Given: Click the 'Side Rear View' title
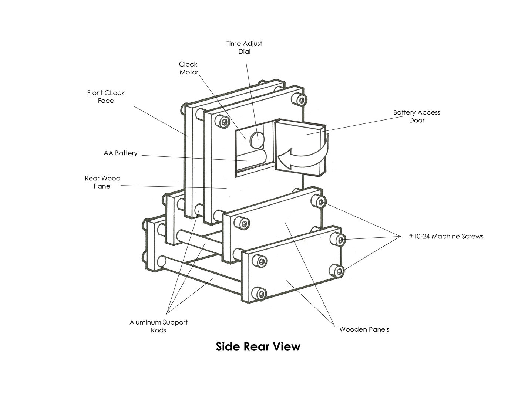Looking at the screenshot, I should pyautogui.click(x=258, y=347).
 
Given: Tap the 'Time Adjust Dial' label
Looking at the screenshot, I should pyautogui.click(x=244, y=47).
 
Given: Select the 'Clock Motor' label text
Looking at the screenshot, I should pyautogui.click(x=189, y=68).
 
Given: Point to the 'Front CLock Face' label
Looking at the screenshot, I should pyautogui.click(x=106, y=96).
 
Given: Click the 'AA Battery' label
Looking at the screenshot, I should pyautogui.click(x=121, y=153).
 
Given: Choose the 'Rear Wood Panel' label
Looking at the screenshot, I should pyautogui.click(x=102, y=182).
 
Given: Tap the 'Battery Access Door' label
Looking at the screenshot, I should pyautogui.click(x=417, y=116).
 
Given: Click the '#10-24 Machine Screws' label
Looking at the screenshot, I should pyautogui.click(x=446, y=236).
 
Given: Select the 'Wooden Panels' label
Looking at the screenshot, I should pyautogui.click(x=364, y=329).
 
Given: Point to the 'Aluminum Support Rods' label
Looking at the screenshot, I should pyautogui.click(x=158, y=326).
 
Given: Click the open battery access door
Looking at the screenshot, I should pyautogui.click(x=300, y=148).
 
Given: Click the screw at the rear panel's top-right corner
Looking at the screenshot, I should pyautogui.click(x=299, y=99).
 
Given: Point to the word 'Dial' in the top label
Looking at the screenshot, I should pyautogui.click(x=244, y=51).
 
